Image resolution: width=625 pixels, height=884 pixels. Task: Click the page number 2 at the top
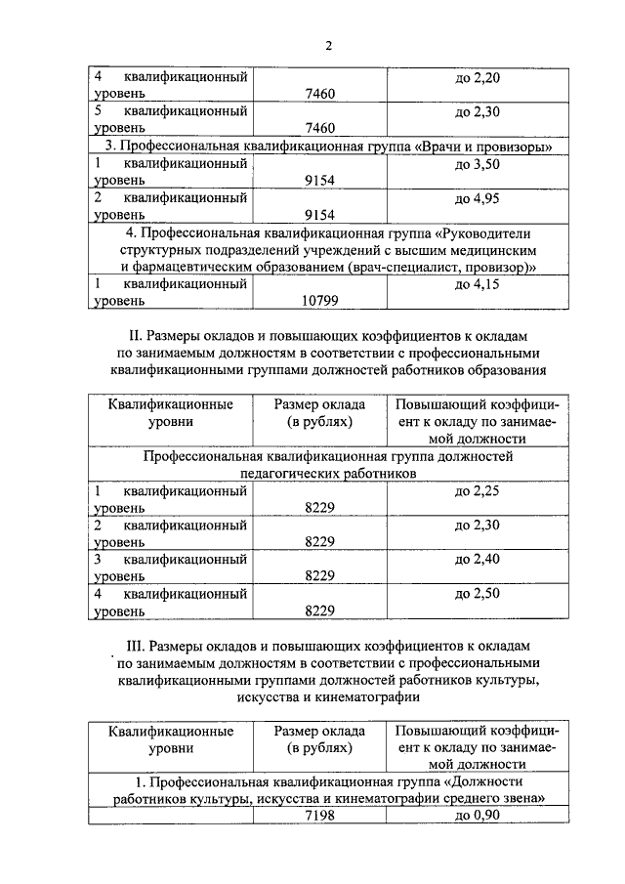[329, 45]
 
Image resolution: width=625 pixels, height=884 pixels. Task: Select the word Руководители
[486, 233]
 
